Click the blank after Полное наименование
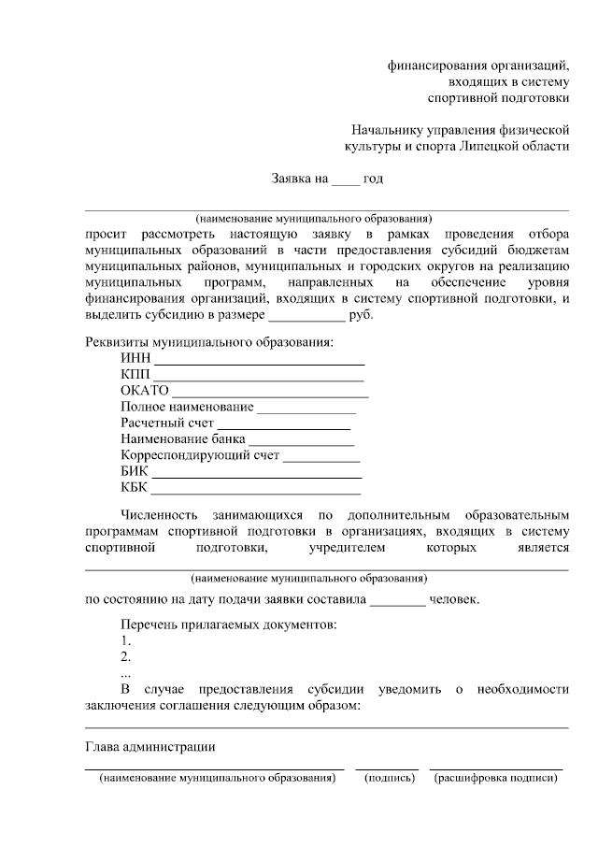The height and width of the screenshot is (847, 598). (306, 412)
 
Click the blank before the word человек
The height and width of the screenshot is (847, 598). (397, 603)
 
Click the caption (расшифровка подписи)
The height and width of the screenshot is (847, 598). (495, 778)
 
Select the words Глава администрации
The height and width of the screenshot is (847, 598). (150, 747)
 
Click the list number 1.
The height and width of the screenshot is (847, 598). (125, 641)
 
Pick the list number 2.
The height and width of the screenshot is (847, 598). (125, 657)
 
